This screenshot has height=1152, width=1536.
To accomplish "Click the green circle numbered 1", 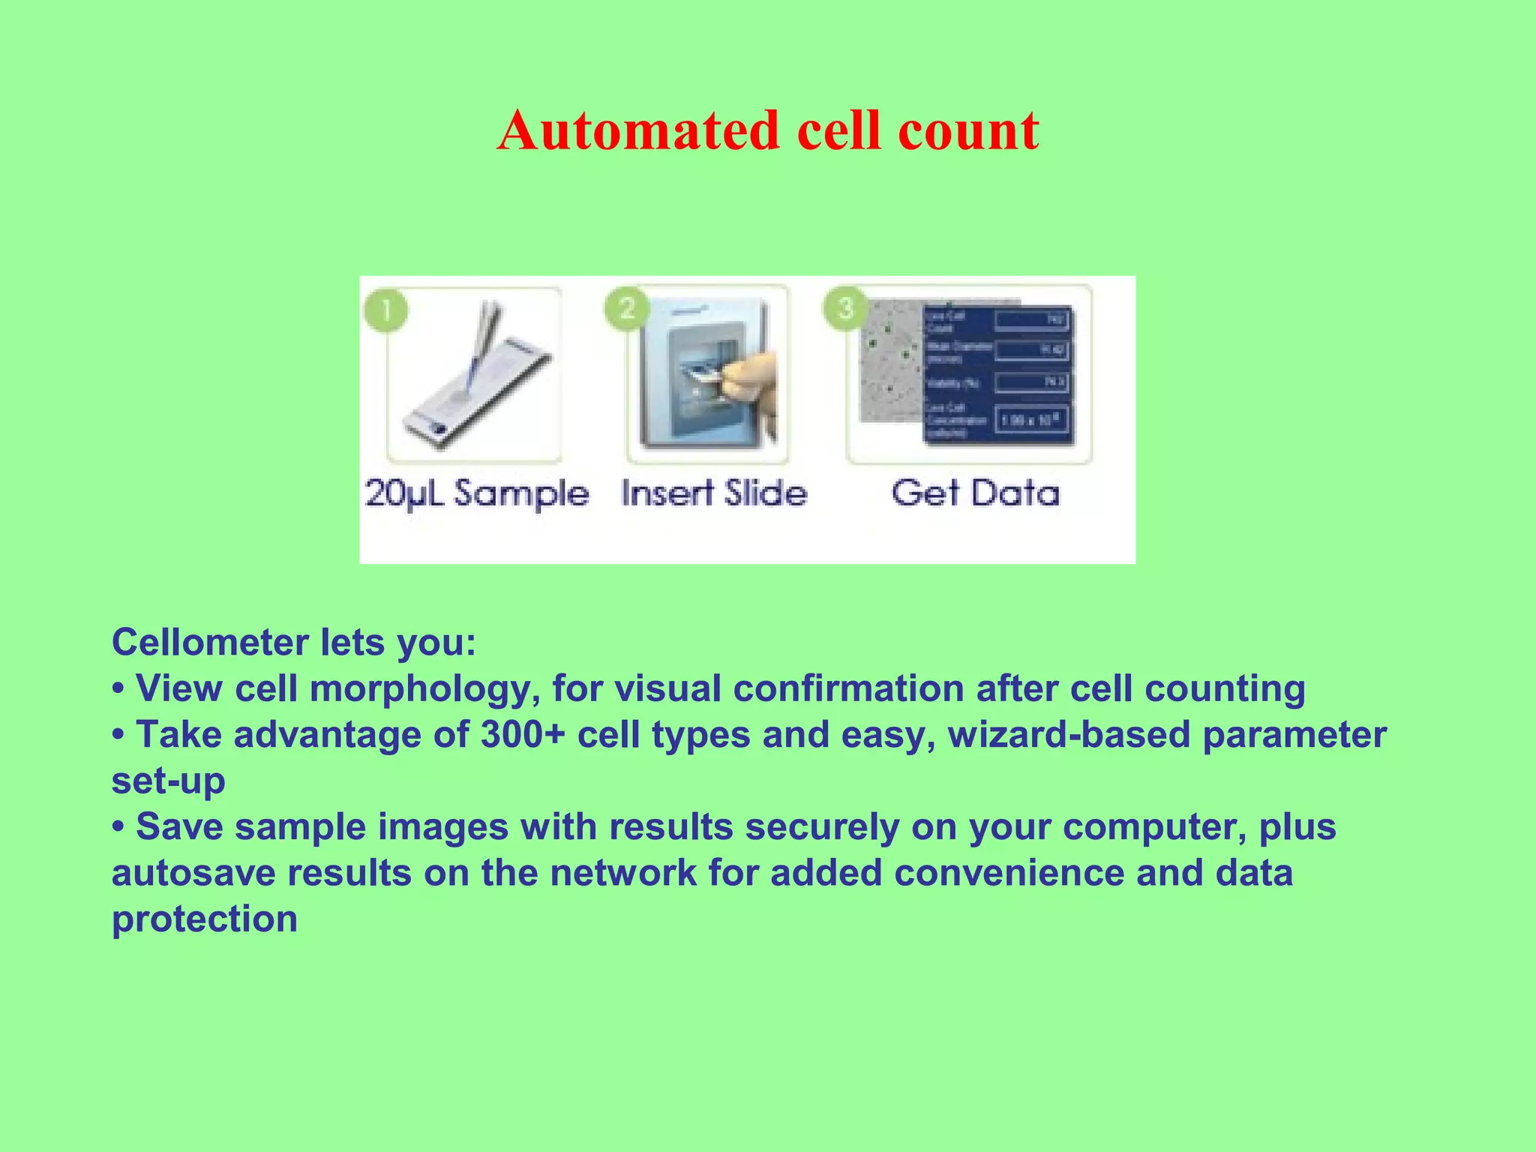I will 385,309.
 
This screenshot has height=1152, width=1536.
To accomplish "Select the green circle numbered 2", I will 627,307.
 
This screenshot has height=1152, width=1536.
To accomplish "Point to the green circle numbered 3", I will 845,307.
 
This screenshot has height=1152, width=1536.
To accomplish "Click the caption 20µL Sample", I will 477,494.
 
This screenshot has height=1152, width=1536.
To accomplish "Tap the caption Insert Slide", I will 714,493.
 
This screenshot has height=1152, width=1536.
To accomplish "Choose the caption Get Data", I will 975,493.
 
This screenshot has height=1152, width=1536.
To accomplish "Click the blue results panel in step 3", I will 997,375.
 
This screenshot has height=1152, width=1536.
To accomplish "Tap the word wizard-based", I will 1069,734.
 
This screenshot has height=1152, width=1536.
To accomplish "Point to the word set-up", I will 168,781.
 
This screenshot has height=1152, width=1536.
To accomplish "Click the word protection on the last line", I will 204,919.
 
